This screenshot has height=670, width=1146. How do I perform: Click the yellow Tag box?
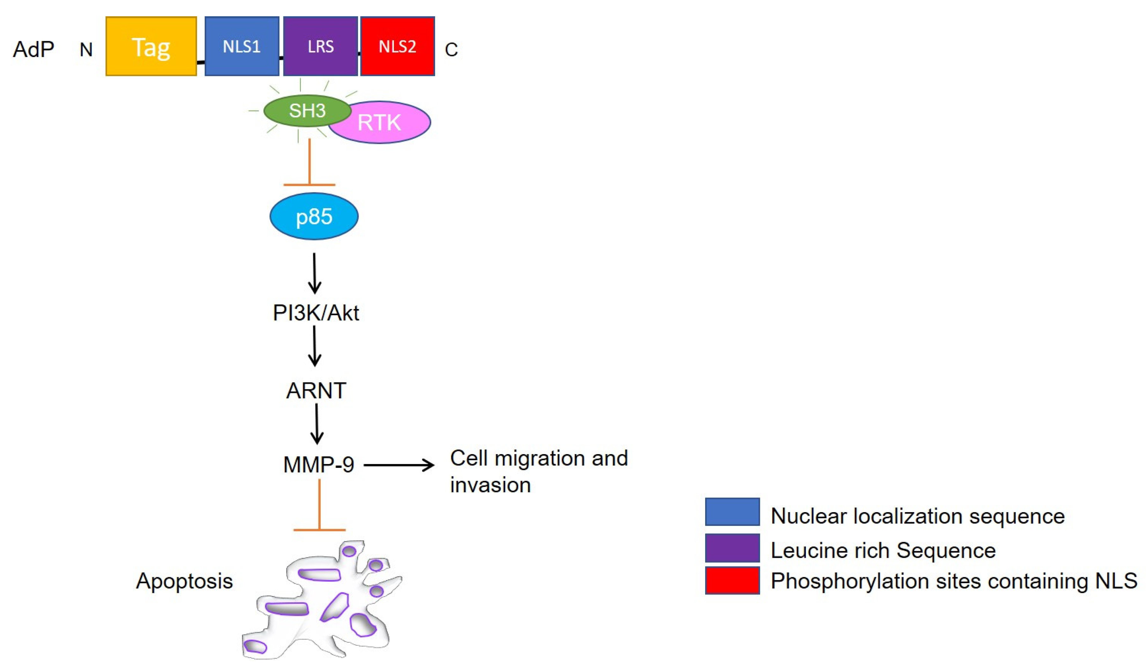click(x=151, y=46)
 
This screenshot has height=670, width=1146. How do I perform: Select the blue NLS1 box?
click(x=242, y=46)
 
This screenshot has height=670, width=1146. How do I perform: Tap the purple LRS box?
click(x=321, y=46)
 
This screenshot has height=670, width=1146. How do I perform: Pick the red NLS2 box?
click(x=398, y=46)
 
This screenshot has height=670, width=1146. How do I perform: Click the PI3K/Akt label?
click(x=316, y=313)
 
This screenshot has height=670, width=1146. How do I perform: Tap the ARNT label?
click(x=316, y=391)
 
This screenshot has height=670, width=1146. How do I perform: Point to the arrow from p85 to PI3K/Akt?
click(x=315, y=273)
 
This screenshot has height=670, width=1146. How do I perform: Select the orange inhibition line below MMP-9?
click(x=320, y=505)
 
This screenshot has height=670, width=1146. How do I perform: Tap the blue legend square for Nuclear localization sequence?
click(x=732, y=512)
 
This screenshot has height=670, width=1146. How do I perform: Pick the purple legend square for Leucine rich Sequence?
click(x=732, y=548)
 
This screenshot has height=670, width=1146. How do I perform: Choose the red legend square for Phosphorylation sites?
click(x=732, y=580)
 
